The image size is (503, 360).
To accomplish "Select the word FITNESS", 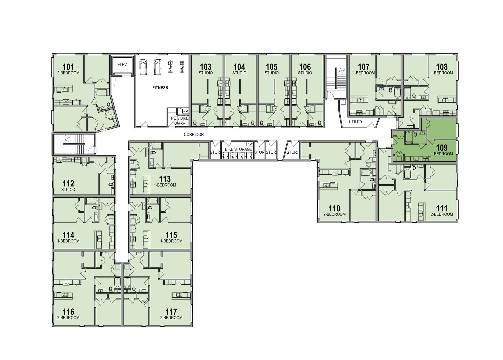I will pyautogui.click(x=160, y=88).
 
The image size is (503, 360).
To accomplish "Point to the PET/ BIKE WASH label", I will pyautogui.click(x=180, y=121).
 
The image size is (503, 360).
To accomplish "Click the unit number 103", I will pyautogui.click(x=206, y=67).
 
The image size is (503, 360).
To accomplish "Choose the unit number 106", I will pyautogui.click(x=305, y=67).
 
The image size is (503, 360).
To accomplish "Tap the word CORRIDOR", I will pyautogui.click(x=194, y=135).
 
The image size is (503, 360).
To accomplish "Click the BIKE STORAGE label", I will pyautogui.click(x=238, y=149).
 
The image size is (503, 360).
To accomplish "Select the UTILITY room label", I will pyautogui.click(x=355, y=122).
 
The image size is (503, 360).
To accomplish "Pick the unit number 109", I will pyautogui.click(x=442, y=147).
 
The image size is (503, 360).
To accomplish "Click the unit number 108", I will pyautogui.click(x=442, y=67).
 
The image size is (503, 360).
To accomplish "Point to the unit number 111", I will pyautogui.click(x=442, y=208).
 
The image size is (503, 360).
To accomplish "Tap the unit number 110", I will pyautogui.click(x=334, y=208).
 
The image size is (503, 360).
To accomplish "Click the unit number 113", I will pyautogui.click(x=165, y=179).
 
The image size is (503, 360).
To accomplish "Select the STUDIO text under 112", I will pyautogui.click(x=68, y=190).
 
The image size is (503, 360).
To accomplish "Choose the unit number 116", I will pyautogui.click(x=68, y=312).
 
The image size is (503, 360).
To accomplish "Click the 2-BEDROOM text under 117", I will pyautogui.click(x=171, y=318).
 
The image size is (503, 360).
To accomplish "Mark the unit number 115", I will pyautogui.click(x=171, y=235).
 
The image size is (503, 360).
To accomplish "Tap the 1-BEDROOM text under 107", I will pyautogui.click(x=363, y=73).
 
